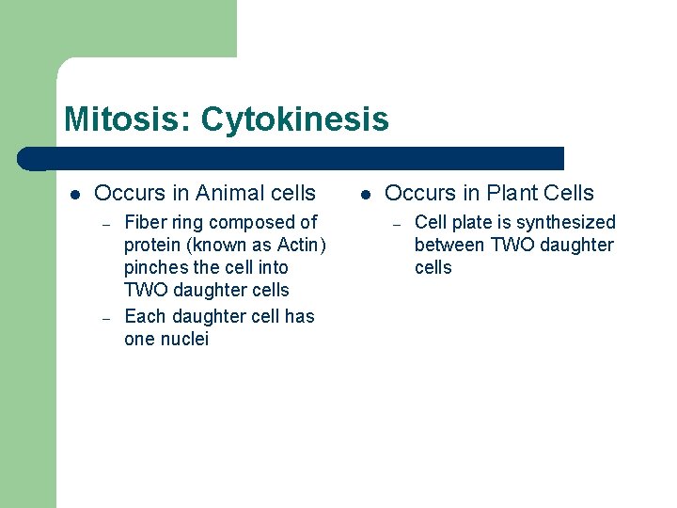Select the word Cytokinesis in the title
coord(294,119)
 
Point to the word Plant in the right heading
coord(513,194)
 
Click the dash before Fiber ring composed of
coord(107,224)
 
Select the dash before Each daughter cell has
coord(107,318)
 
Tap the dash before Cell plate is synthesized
coord(398,224)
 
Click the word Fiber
coord(145,223)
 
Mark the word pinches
coord(155,268)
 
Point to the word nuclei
coord(181,340)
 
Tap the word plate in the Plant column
coord(467,223)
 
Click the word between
coord(449,246)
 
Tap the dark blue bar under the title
coord(301,158)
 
